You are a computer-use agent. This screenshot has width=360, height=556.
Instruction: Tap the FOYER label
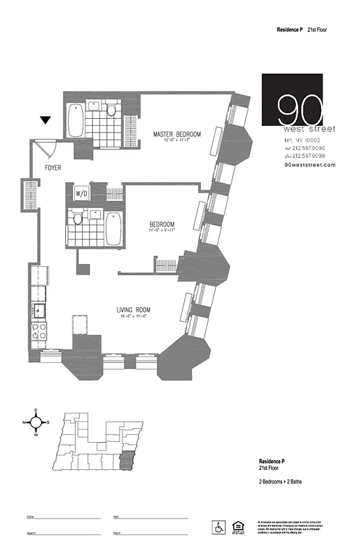[x=52, y=168]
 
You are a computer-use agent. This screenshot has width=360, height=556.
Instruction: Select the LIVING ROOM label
[x=133, y=310]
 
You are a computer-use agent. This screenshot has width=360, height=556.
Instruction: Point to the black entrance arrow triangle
[x=45, y=120]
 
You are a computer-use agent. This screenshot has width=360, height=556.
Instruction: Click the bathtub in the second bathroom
[x=113, y=229]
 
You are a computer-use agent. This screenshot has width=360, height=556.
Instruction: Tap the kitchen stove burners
[x=38, y=329]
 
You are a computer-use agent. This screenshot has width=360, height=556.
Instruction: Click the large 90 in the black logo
[x=300, y=109]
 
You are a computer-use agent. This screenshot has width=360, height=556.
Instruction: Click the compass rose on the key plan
[x=35, y=423]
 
